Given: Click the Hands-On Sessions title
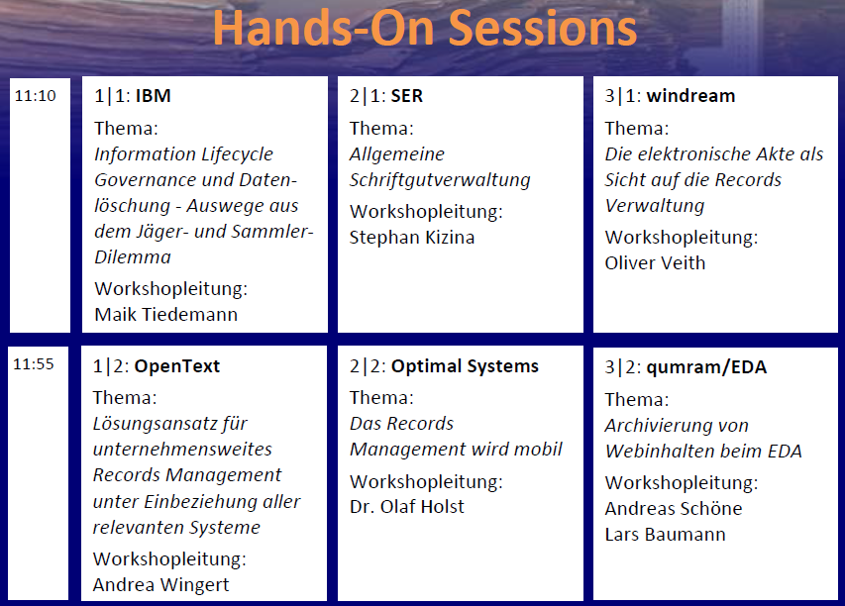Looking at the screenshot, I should click(x=424, y=29).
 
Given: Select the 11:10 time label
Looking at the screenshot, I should click(x=35, y=97).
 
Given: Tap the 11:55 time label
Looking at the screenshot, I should click(x=35, y=364).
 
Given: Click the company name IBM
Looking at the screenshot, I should click(x=154, y=96).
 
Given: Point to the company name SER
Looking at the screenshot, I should click(x=407, y=96).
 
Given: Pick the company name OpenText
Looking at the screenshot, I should click(x=177, y=366).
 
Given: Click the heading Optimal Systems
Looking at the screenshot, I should click(x=465, y=366).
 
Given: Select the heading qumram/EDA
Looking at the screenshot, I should click(x=706, y=367).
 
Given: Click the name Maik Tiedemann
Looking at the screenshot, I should click(x=165, y=315).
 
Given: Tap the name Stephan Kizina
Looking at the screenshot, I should click(x=413, y=238).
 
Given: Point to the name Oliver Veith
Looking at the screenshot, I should click(x=655, y=263).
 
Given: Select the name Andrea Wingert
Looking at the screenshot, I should click(x=160, y=584).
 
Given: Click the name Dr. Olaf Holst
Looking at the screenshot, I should click(x=406, y=507).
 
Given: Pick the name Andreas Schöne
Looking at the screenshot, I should click(x=673, y=509).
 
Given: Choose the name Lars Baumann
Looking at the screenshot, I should click(x=665, y=535).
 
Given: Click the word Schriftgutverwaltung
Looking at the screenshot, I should click(x=440, y=180).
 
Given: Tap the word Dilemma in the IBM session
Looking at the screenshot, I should click(x=133, y=257).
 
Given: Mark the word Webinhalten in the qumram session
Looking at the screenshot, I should click(x=659, y=452).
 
